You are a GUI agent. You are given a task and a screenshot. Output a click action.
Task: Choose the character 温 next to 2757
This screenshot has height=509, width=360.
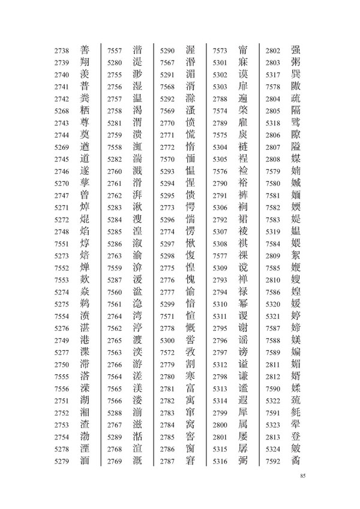[x=137, y=98]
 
